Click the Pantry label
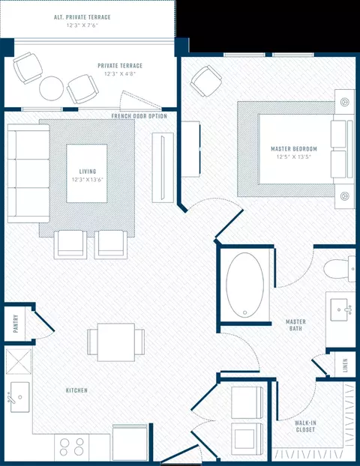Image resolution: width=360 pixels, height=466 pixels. pos(16,324)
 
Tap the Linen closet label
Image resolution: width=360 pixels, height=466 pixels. pos(346,366)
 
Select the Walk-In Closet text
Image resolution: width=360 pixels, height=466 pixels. pos(305,426)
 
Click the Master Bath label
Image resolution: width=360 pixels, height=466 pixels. pos(295,325)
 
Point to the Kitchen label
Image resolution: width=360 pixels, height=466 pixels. pos(76,390)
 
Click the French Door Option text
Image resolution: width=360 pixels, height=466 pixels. pos(139,116)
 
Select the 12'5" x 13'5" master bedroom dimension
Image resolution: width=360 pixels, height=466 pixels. pos(294,157)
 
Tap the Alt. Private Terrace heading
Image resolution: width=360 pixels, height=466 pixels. pos(82,17)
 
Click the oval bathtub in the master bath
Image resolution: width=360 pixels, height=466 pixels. pos(244,285)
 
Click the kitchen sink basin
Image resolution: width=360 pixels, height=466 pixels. pos(20,397)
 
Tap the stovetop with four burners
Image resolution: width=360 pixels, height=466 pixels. pos(72,447)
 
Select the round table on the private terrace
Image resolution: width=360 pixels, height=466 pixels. pos(52,88)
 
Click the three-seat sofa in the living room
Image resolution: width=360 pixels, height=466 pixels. pos(28,174)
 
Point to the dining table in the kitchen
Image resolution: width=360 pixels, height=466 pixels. pos(116,342)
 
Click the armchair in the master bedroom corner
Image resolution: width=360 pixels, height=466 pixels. pos(206,81)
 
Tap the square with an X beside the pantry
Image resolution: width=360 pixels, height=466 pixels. pos(19,361)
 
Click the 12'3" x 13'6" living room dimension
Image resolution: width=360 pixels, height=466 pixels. pos(88,180)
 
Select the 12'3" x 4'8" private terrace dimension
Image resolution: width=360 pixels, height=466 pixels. pos(120,73)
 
